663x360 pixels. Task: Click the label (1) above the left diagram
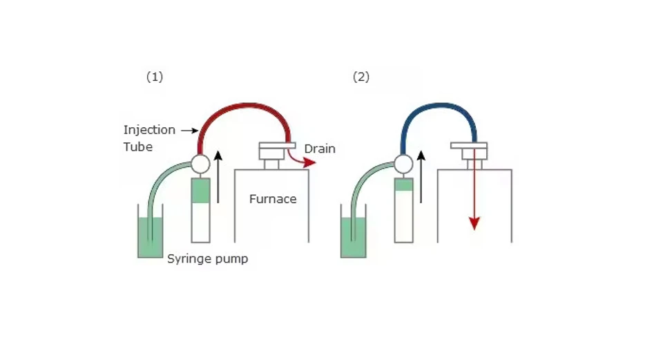coord(154,77)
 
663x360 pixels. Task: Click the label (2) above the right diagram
coord(361,77)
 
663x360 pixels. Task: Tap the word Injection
coord(149,130)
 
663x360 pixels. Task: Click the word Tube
coord(137,146)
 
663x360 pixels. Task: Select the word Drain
coord(320,149)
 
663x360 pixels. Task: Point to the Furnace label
coord(273,199)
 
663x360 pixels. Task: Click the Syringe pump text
coord(207,259)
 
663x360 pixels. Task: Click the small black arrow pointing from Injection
coord(187,130)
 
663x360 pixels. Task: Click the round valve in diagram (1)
coord(200,164)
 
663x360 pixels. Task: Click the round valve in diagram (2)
coord(403,164)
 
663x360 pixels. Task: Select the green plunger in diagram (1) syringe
coord(200,191)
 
